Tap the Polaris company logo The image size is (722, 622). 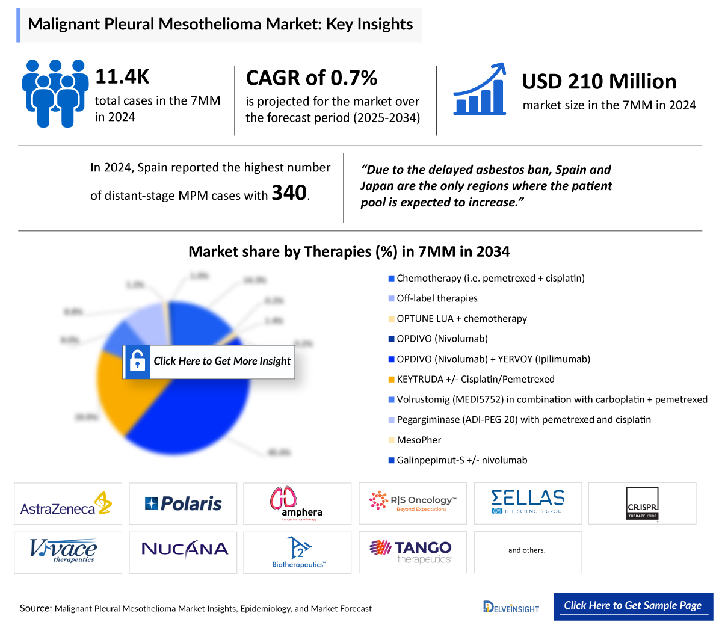pos(183,504)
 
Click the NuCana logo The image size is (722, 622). pos(184,549)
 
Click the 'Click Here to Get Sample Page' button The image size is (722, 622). pos(633,606)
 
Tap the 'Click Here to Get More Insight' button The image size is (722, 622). pos(209,362)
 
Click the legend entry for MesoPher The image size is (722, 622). pos(419,440)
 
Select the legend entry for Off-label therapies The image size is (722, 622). pos(437,298)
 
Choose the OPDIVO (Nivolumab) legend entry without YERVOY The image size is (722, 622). pos(442,339)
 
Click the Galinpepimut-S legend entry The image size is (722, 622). pos(461,460)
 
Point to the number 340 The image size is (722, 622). pos(289,192)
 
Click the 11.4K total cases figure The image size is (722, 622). pos(122,76)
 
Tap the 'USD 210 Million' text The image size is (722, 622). pos(599,81)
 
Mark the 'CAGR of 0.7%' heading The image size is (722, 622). pos(312,78)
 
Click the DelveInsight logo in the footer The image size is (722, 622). pos(511,607)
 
